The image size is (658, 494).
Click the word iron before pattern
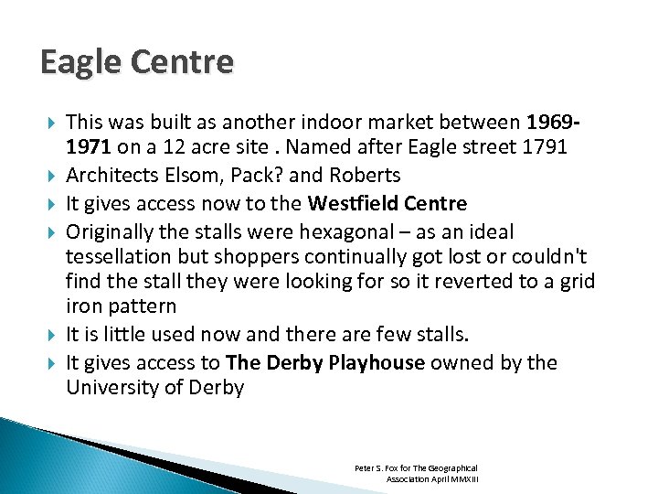83,306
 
